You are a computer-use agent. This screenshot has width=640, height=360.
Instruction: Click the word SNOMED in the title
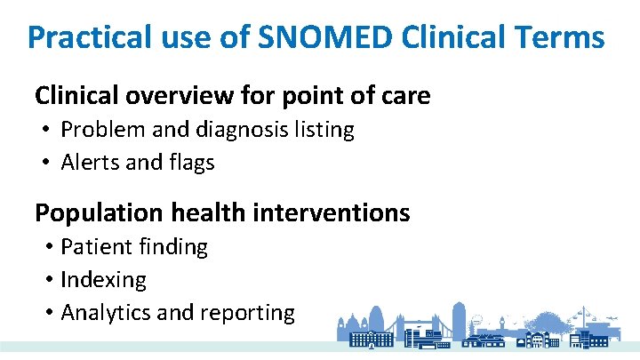click(x=324, y=36)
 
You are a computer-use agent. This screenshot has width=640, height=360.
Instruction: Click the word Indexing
click(x=103, y=280)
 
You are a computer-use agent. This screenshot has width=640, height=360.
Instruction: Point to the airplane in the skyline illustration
click(x=612, y=318)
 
